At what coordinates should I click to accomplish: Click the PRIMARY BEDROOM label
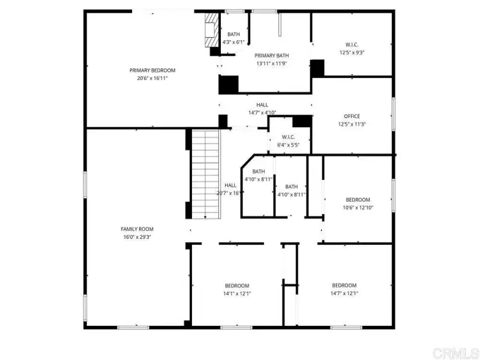point(152,70)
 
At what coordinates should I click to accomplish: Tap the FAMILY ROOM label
point(137,229)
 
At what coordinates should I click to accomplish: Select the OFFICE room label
point(352,116)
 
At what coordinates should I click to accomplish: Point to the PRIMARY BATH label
point(272,56)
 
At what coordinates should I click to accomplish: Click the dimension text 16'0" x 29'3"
point(137,237)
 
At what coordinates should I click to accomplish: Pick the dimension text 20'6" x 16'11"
point(152,79)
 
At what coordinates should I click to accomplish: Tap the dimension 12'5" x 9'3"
point(352,53)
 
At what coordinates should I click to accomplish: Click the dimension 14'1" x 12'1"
point(237,294)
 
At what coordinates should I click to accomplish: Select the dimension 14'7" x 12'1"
point(344,293)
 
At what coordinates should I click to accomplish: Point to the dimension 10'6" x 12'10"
point(358,208)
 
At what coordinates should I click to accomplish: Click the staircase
point(206,174)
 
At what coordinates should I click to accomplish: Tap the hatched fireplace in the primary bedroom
point(212,29)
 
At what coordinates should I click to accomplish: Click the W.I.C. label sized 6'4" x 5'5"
point(289,137)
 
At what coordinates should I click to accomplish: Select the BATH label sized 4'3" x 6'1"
point(233,34)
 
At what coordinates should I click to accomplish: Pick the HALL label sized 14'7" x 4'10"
point(262,105)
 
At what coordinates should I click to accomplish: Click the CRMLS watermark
point(455,353)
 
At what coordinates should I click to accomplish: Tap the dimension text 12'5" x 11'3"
point(352,124)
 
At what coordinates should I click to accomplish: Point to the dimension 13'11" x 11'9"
point(272,64)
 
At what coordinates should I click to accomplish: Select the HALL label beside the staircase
point(230,185)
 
